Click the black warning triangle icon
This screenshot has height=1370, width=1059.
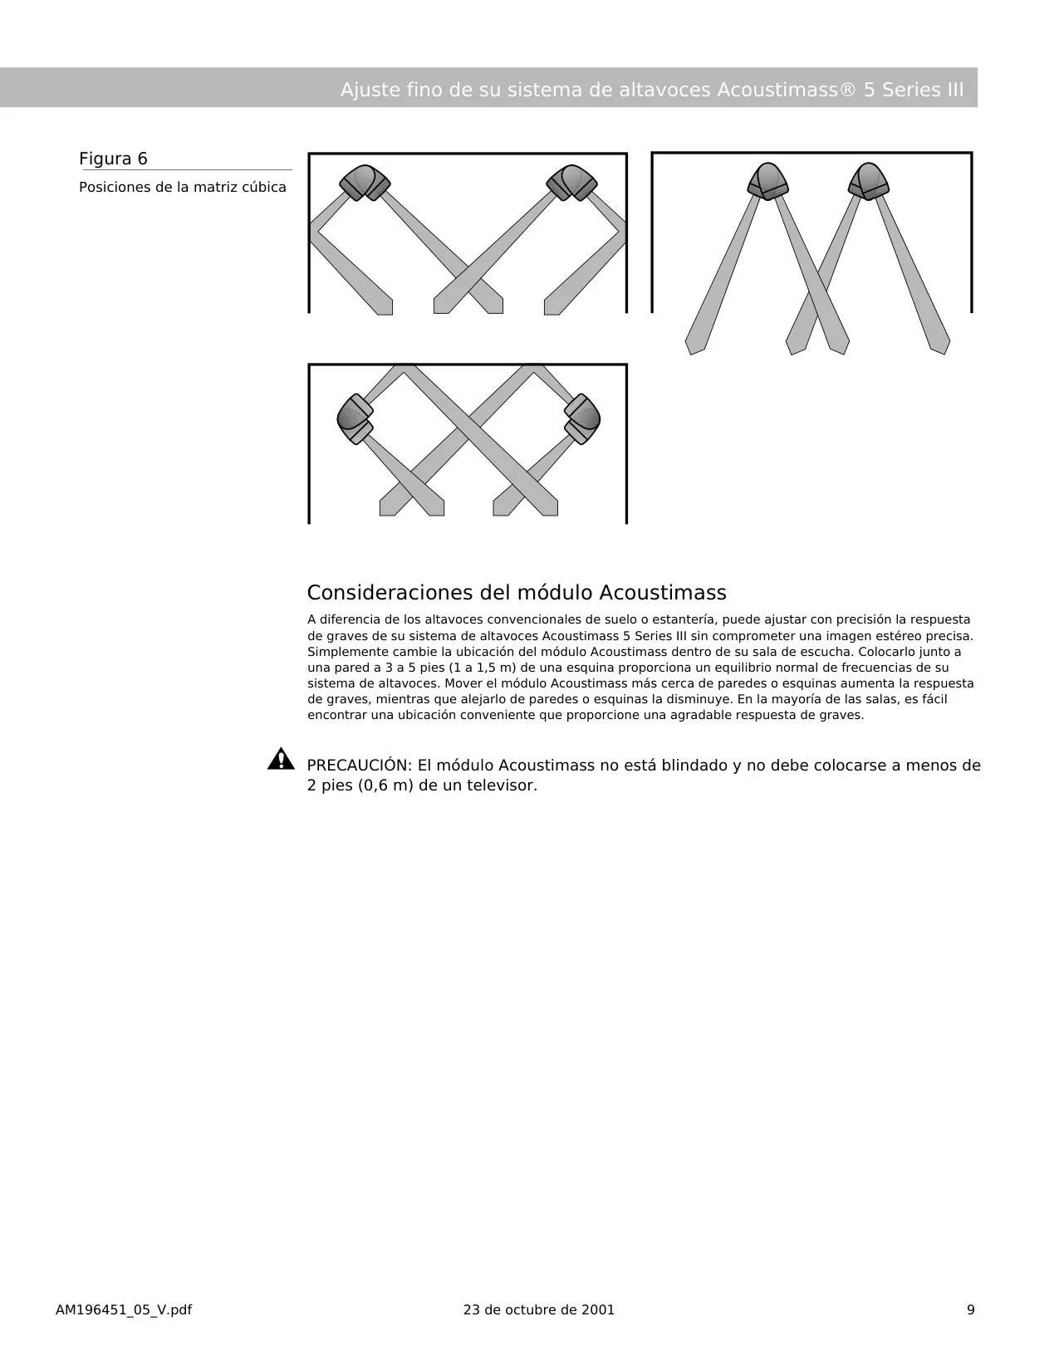point(281,759)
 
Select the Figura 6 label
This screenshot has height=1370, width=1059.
point(113,159)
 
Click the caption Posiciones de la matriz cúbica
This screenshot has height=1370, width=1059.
point(182,188)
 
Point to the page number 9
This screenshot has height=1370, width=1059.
point(971,1310)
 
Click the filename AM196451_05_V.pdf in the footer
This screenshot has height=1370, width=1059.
point(124,1310)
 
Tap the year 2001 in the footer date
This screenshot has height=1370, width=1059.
point(598,1310)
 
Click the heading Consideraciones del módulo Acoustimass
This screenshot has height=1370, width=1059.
point(517,593)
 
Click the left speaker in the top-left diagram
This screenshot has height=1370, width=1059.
point(365,183)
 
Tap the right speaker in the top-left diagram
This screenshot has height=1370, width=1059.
point(571,183)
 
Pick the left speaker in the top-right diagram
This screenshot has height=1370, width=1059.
point(767,182)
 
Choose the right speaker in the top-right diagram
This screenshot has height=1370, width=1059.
point(869,182)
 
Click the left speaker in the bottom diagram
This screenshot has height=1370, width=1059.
point(355,419)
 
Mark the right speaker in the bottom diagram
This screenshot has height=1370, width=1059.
point(582,419)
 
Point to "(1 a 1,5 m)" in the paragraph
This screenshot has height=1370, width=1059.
point(483,668)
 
